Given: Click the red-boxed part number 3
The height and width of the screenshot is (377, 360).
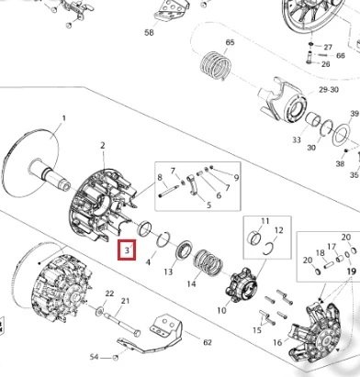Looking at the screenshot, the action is point(127,250).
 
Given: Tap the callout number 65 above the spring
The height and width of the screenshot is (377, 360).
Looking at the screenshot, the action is point(230,42).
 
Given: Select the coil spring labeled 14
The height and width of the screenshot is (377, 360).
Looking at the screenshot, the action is point(208,262).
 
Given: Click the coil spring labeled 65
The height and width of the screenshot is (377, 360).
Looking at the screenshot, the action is point(216,65).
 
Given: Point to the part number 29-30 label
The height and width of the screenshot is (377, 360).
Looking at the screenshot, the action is point(329,90).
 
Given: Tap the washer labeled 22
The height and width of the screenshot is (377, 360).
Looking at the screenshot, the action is point(99,312).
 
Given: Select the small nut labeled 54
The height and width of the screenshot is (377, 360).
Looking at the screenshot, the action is point(116,358).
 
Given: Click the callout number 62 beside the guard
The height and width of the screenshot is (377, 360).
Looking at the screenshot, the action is point(208,342).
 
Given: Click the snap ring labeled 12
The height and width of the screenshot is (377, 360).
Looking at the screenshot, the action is point(268,248).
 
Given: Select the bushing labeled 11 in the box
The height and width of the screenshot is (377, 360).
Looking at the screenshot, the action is point(254,238).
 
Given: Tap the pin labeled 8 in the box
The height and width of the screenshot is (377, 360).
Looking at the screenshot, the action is point(168,190).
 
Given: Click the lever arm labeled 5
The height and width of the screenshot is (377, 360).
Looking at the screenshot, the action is point(192,184).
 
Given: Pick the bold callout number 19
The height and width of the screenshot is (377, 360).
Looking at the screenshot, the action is point(352,271).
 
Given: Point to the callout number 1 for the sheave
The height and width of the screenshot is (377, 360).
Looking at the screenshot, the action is point(64,118).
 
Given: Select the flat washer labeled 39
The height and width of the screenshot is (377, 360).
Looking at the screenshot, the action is point(342,134).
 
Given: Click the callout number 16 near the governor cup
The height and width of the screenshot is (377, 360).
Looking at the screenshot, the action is point(277,342).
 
